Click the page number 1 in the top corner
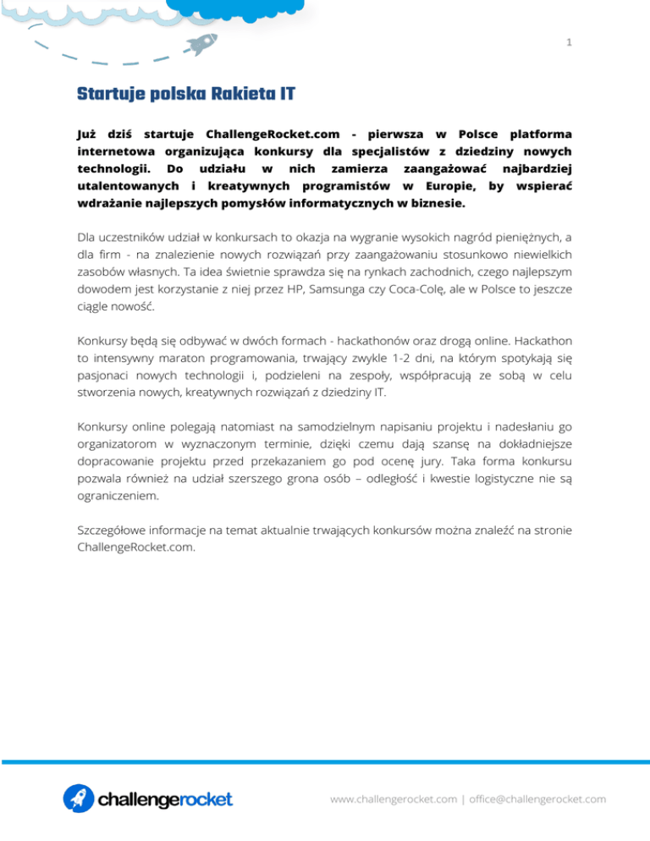pyautogui.click(x=570, y=41)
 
